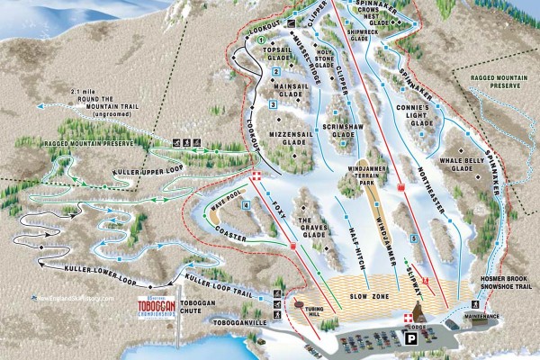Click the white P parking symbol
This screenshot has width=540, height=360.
pyautogui.click(x=410, y=339)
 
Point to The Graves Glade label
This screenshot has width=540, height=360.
pyautogui.click(x=310, y=225)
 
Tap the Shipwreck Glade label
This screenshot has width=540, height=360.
pyautogui.click(x=360, y=33)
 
